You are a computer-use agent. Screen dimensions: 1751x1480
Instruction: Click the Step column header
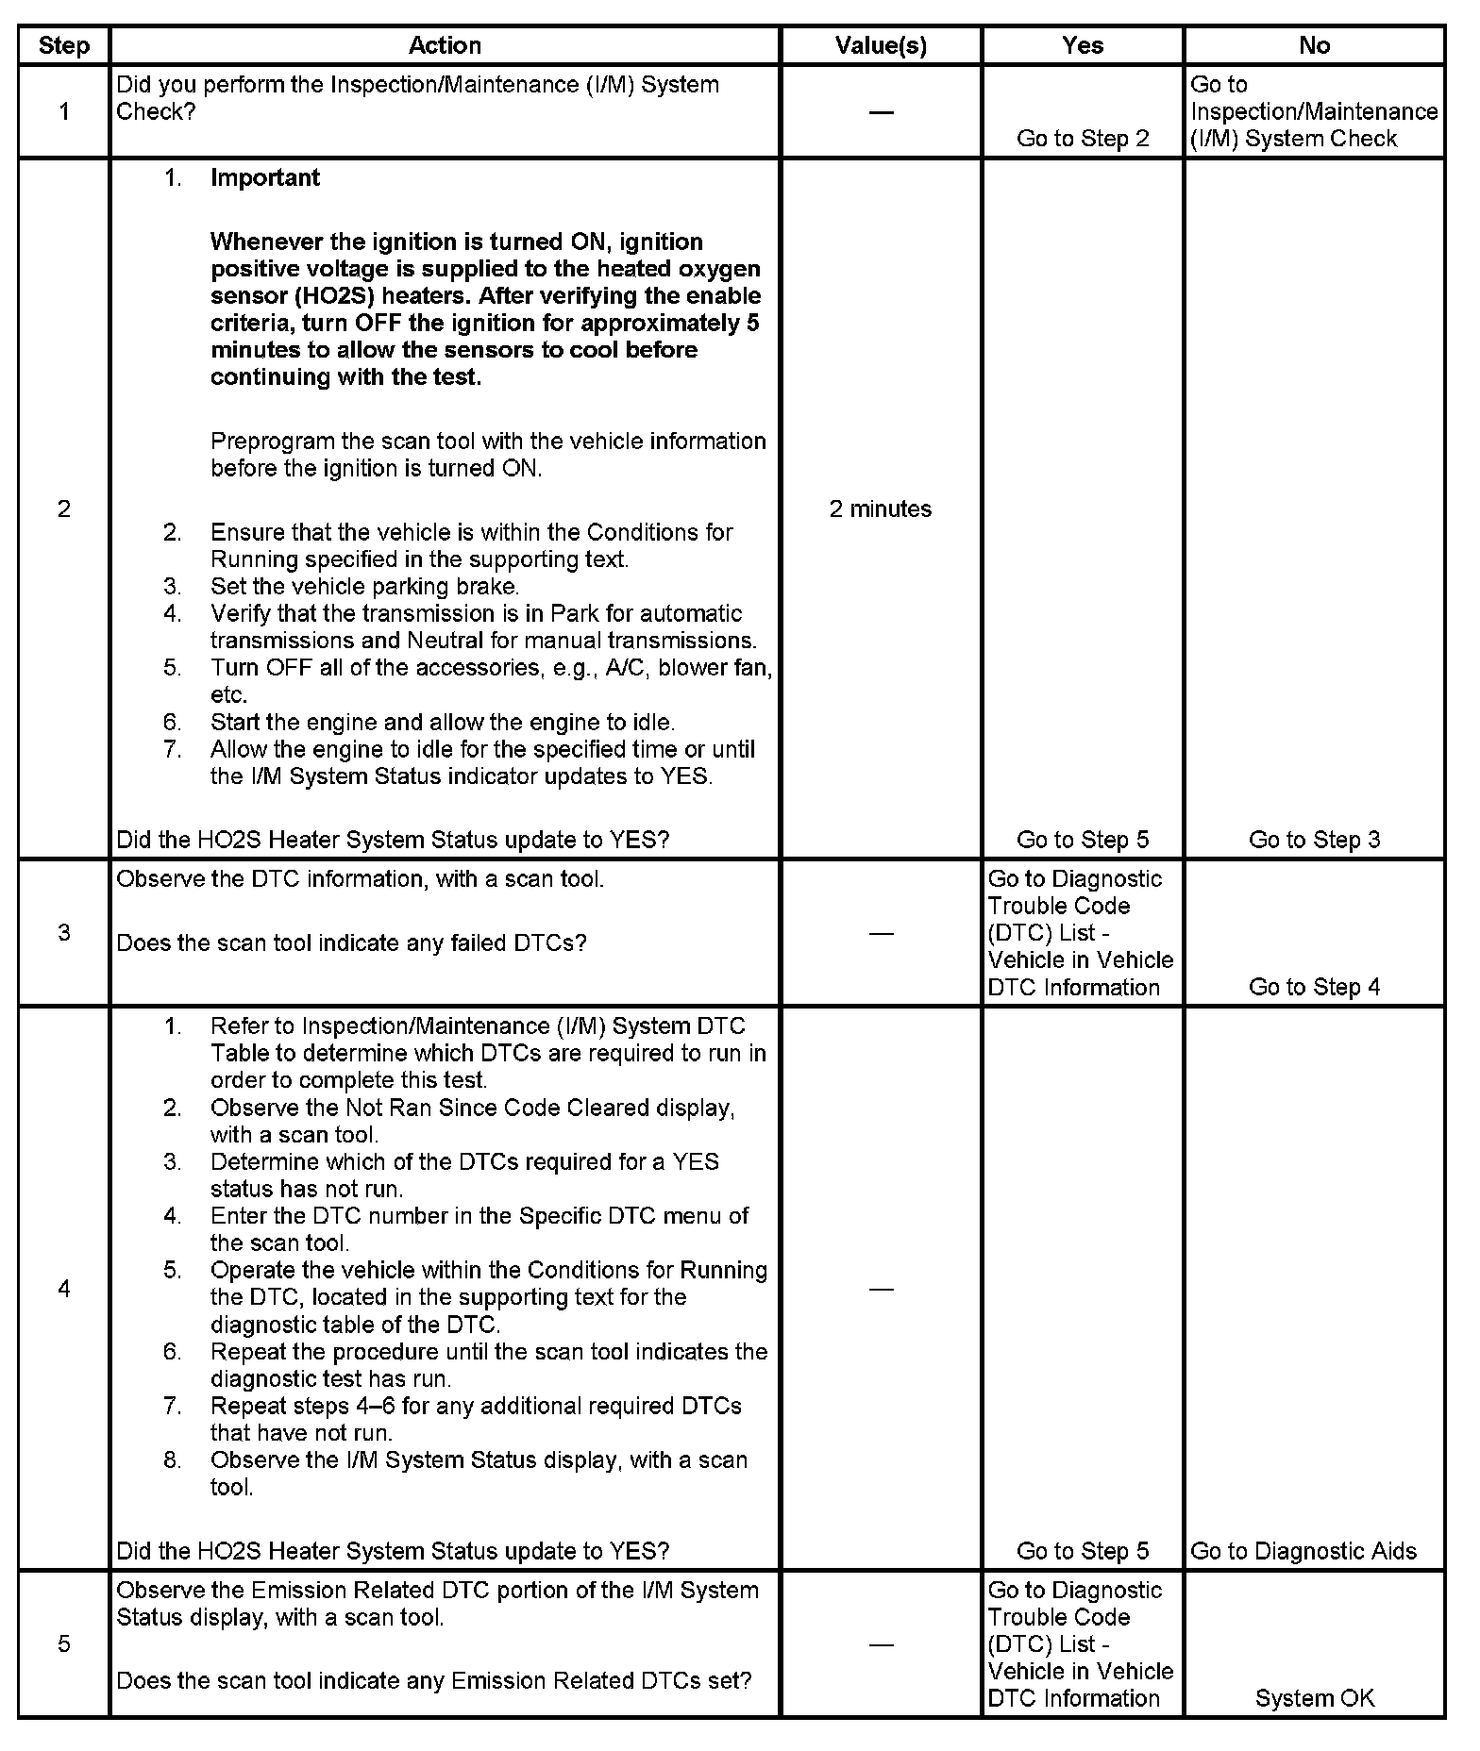point(63,45)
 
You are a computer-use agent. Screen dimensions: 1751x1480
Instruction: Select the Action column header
point(445,45)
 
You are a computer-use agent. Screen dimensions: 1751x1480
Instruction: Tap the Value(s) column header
point(881,45)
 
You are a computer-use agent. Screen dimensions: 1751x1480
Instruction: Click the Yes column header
point(1082,45)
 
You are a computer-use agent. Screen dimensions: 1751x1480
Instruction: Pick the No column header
point(1314,45)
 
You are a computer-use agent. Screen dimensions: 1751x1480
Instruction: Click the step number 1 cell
point(63,111)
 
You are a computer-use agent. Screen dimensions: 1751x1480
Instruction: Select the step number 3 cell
point(63,933)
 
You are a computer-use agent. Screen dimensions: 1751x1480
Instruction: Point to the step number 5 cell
point(63,1644)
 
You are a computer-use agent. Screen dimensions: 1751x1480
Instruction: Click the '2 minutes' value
point(881,509)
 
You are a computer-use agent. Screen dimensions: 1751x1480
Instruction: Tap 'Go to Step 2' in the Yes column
point(1083,139)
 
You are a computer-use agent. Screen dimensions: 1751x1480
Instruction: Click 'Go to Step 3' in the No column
point(1314,840)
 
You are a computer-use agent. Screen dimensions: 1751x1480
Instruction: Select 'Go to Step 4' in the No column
point(1314,987)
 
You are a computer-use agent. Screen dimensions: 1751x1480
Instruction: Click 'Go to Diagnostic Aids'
point(1303,1551)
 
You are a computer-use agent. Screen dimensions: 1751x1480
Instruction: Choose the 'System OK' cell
point(1314,1698)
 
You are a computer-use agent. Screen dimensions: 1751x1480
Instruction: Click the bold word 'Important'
point(265,178)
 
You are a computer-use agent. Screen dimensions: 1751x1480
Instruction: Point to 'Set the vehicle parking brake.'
point(364,587)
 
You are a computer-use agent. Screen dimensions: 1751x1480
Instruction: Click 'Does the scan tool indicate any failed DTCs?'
point(351,942)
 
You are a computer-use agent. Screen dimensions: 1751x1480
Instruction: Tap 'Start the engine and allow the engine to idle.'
point(443,723)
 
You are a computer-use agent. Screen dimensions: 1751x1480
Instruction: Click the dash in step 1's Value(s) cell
point(881,112)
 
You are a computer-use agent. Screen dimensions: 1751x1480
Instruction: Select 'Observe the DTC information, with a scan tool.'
point(360,879)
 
